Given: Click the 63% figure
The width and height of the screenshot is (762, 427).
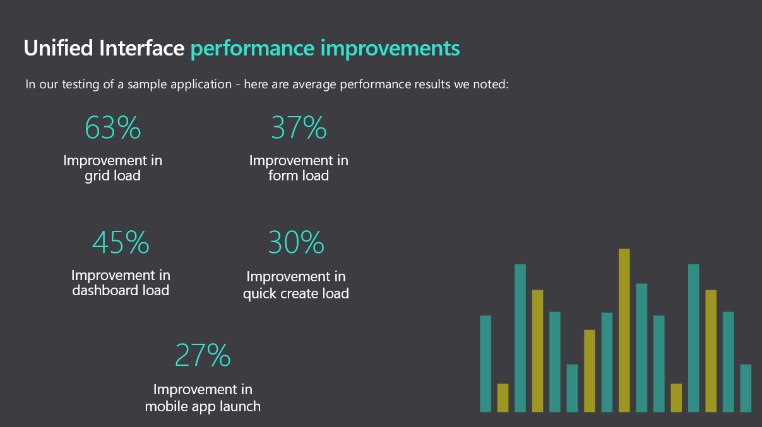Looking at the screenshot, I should tap(112, 128).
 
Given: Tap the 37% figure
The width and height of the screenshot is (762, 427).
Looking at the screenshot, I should tap(299, 128).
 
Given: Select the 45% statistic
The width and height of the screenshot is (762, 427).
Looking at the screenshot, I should tap(121, 243).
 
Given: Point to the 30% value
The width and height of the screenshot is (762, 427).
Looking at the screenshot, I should tap(296, 243).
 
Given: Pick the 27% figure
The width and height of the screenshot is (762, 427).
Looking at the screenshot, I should tap(203, 356).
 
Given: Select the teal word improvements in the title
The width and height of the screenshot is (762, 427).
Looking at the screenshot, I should tap(390, 49).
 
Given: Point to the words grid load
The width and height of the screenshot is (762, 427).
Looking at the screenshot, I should tap(112, 176).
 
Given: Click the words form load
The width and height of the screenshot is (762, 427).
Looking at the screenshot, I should tap(299, 176).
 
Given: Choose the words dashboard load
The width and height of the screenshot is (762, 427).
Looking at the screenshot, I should tap(121, 291).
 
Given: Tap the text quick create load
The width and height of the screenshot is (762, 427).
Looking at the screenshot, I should tap(296, 293).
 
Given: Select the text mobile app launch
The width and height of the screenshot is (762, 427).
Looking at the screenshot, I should tap(203, 406).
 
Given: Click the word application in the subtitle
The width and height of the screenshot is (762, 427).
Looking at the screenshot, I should tap(198, 85).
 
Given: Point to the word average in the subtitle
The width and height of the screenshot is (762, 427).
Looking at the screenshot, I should tap(305, 85).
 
